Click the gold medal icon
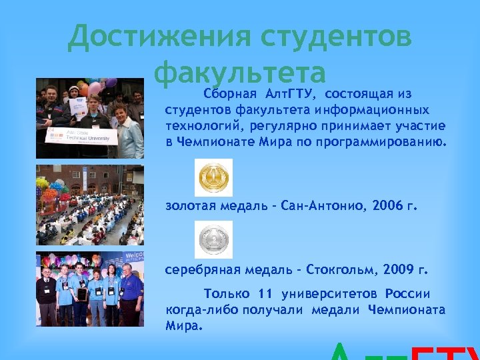(213, 177)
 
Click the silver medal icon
(213, 239)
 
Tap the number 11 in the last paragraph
(265, 294)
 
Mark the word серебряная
(200, 271)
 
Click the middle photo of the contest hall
(89, 205)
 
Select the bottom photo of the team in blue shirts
(89, 289)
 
